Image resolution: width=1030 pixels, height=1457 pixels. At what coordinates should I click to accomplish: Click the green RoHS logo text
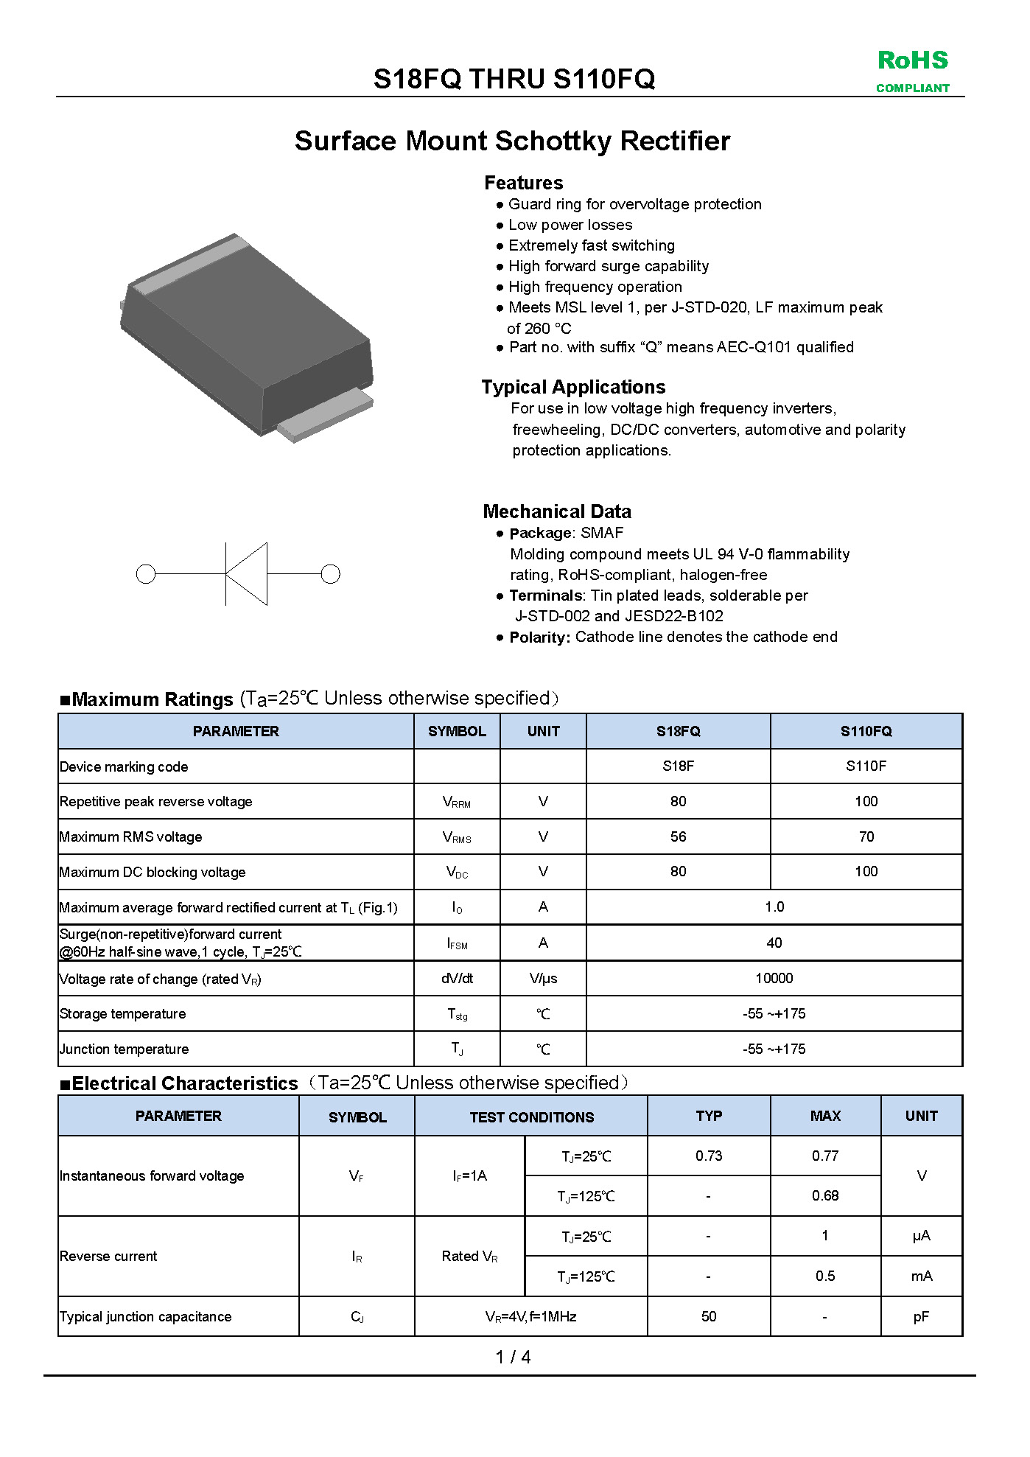pyautogui.click(x=912, y=61)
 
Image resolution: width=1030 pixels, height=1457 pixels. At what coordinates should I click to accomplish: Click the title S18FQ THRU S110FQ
pyautogui.click(x=514, y=79)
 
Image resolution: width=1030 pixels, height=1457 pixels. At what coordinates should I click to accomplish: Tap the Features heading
pyautogui.click(x=523, y=183)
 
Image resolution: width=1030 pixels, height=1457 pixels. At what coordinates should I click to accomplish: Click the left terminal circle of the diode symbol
pyautogui.click(x=146, y=574)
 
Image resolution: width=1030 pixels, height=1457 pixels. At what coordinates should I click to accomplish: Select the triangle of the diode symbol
pyautogui.click(x=248, y=574)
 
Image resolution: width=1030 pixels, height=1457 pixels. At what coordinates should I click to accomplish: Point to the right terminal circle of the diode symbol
pyautogui.click(x=331, y=574)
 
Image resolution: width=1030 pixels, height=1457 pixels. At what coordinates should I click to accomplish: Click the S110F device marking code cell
pyautogui.click(x=866, y=766)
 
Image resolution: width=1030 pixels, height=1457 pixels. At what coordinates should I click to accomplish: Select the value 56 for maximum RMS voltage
pyautogui.click(x=678, y=837)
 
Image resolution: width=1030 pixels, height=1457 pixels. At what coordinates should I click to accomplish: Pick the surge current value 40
pyautogui.click(x=774, y=943)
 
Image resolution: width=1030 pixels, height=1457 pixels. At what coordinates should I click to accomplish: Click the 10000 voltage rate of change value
pyautogui.click(x=774, y=979)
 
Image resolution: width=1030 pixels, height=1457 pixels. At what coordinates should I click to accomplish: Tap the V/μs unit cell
pyautogui.click(x=543, y=979)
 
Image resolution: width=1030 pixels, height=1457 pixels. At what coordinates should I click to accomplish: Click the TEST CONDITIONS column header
pyautogui.click(x=531, y=1117)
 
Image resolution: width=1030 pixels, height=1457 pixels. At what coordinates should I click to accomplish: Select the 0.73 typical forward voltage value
pyautogui.click(x=709, y=1156)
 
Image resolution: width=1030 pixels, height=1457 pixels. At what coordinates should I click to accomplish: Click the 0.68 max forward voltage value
pyautogui.click(x=825, y=1196)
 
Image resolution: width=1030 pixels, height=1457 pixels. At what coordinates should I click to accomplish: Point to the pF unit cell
pyautogui.click(x=921, y=1317)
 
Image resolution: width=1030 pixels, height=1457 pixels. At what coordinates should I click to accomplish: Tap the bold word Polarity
pyautogui.click(x=539, y=637)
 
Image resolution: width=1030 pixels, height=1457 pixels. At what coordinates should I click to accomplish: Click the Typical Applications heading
pyautogui.click(x=573, y=388)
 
